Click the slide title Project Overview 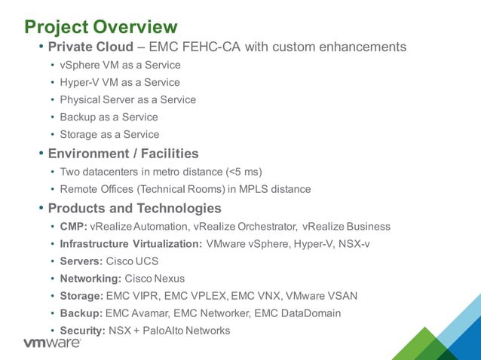click(101, 27)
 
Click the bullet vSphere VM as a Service click(120, 65)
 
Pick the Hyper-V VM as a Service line click(120, 82)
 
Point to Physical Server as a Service click(127, 99)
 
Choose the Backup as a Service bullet click(109, 117)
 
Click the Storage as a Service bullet click(109, 134)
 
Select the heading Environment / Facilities click(123, 154)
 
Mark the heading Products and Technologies click(134, 208)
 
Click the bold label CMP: click(74, 226)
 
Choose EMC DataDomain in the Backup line click(299, 313)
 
